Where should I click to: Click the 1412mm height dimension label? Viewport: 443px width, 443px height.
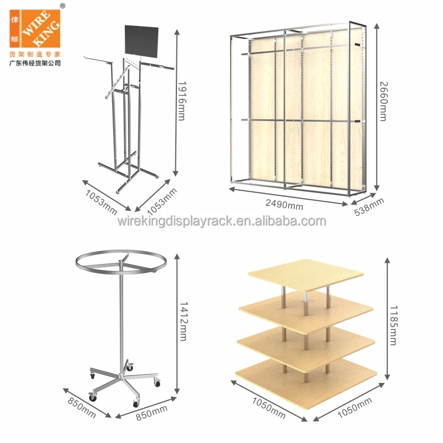[x=183, y=321]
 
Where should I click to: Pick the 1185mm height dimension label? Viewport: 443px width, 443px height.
[x=393, y=325]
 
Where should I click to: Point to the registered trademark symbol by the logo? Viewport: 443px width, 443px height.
[x=62, y=5]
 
